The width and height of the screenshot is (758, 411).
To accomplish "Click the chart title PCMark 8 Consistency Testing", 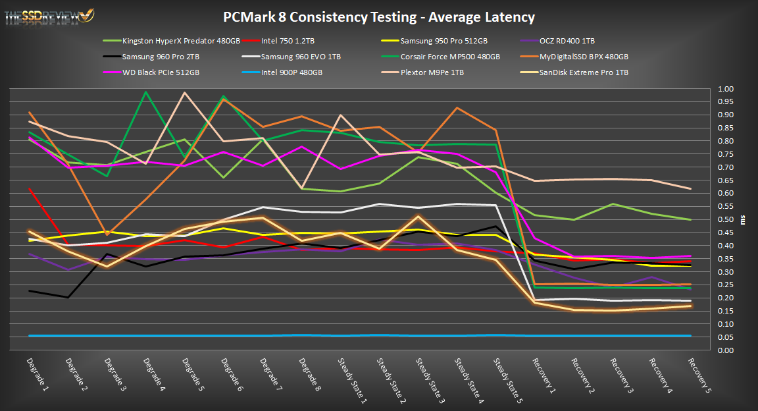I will tap(378, 17).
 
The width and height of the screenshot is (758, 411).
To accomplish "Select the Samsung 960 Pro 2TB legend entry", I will tap(154, 57).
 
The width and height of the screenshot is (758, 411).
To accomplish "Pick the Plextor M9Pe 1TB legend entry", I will tap(432, 72).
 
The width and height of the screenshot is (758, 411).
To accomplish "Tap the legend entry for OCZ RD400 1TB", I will tap(565, 41).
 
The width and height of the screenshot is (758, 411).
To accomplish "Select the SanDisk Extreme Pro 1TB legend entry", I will tap(584, 72).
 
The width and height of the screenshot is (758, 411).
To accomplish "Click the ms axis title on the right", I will tap(744, 219).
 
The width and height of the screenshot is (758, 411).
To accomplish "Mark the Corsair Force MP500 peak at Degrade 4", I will tap(145, 92).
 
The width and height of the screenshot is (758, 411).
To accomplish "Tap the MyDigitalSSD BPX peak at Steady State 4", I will tap(457, 107).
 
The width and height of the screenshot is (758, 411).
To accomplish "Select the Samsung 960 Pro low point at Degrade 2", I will tap(68, 297).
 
